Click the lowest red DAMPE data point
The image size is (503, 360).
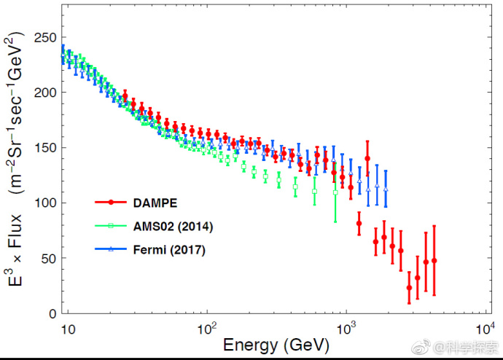[x=409, y=288]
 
